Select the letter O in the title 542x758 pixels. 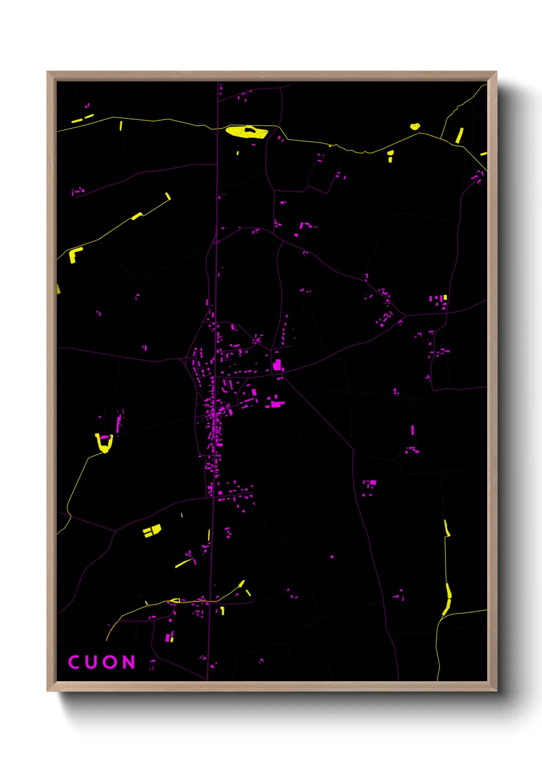(110, 662)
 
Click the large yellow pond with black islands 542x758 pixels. (246, 132)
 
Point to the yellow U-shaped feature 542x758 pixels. (104, 443)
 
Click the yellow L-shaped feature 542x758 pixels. (75, 254)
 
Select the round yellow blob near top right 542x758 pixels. (415, 126)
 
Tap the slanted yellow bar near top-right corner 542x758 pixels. (460, 135)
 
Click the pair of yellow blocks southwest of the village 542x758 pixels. (152, 530)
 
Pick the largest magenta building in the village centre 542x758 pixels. (278, 365)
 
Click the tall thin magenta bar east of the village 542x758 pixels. (412, 430)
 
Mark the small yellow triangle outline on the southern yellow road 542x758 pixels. (175, 600)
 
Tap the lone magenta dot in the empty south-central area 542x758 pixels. (332, 556)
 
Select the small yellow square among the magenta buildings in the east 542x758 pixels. (445, 297)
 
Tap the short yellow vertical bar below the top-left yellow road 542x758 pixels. (121, 125)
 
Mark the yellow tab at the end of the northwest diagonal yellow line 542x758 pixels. (168, 196)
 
